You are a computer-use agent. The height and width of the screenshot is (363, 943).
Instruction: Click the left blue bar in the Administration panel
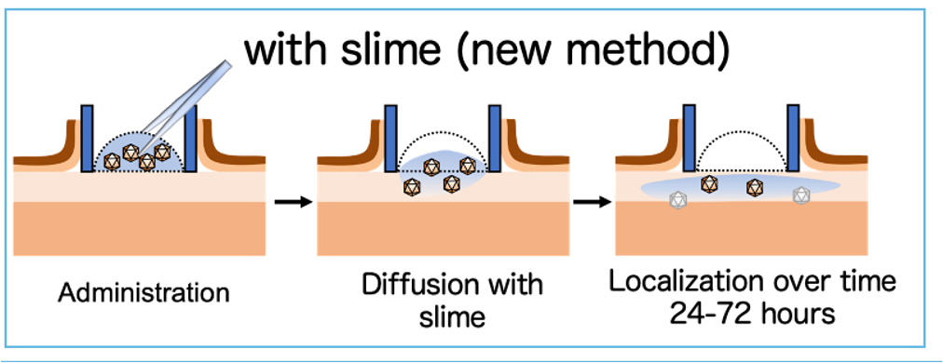click(88, 139)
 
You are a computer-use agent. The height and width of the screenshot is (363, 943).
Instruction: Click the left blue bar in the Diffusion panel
click(391, 139)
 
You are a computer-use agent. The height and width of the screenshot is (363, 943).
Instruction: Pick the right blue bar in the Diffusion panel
click(494, 139)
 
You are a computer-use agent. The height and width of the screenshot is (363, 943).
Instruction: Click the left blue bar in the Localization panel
click(690, 139)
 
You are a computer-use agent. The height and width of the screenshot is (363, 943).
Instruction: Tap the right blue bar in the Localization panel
click(794, 139)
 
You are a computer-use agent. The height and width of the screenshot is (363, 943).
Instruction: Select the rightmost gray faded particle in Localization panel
click(799, 195)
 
